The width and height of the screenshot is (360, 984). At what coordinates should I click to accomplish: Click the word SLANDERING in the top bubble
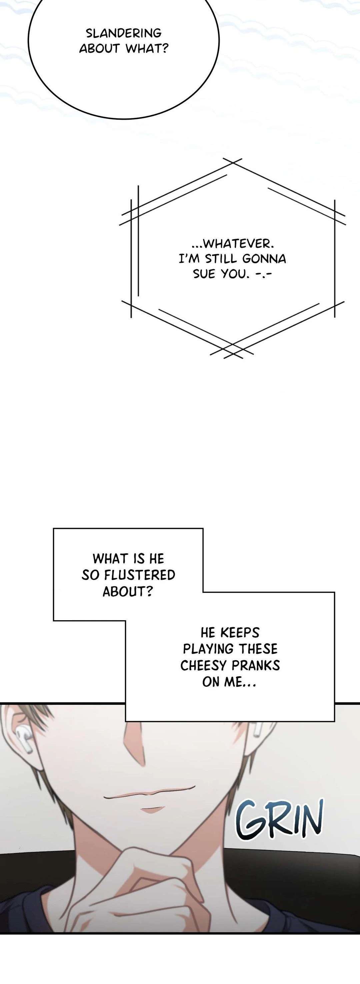tap(123, 33)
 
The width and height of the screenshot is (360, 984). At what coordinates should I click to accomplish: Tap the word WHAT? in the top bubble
tap(147, 49)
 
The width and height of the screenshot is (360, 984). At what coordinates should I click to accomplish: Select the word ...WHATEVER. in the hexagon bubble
tap(233, 244)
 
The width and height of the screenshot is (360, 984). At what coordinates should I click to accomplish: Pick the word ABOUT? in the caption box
tap(128, 591)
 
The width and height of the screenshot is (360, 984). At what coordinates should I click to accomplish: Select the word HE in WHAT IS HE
tap(156, 559)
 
